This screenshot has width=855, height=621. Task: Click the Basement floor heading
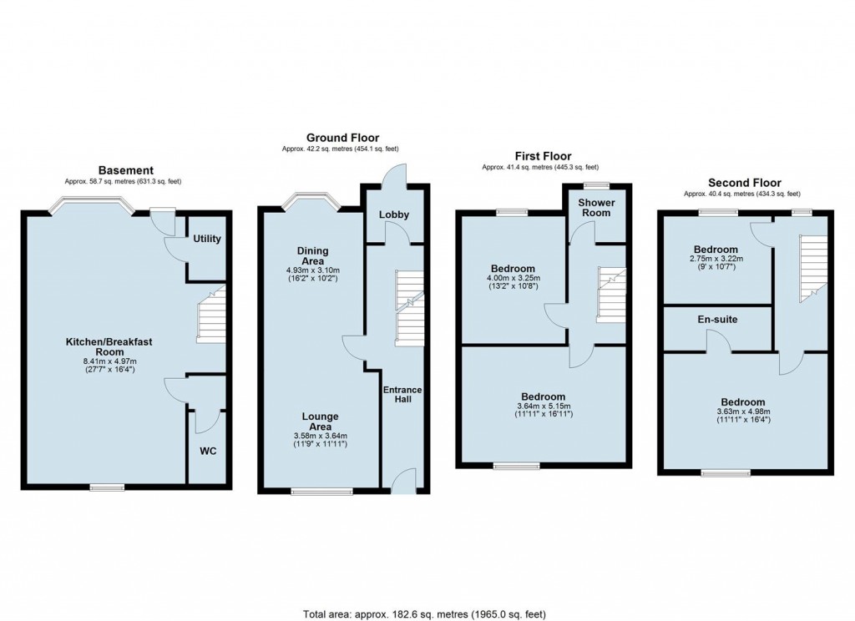pyautogui.click(x=125, y=170)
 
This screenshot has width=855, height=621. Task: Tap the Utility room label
pyautogui.click(x=207, y=239)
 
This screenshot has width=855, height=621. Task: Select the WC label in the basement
pyautogui.click(x=208, y=452)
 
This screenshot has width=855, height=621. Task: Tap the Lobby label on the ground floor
pyautogui.click(x=394, y=215)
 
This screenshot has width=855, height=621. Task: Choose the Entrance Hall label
pyautogui.click(x=402, y=395)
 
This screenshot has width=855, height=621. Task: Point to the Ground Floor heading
pyautogui.click(x=342, y=138)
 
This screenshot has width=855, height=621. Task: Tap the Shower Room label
pyautogui.click(x=597, y=208)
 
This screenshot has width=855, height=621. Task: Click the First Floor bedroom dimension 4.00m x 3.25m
pyautogui.click(x=512, y=278)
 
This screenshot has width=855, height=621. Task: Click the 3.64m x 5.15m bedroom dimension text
pyautogui.click(x=543, y=406)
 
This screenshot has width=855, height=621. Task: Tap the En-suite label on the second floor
pyautogui.click(x=718, y=319)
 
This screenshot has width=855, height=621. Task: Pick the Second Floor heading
pyautogui.click(x=744, y=183)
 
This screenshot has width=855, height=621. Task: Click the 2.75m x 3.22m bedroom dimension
pyautogui.click(x=716, y=260)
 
